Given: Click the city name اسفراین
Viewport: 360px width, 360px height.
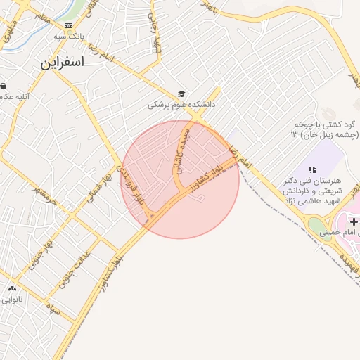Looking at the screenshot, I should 62,62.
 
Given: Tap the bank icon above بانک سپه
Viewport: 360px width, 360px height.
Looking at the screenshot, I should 68,25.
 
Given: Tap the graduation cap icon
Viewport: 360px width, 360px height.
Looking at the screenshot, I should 181,94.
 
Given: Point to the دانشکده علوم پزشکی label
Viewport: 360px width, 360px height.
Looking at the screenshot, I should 181,105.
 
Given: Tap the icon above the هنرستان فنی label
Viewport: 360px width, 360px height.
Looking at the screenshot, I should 313,169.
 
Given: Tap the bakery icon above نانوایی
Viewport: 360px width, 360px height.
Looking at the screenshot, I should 11,288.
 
